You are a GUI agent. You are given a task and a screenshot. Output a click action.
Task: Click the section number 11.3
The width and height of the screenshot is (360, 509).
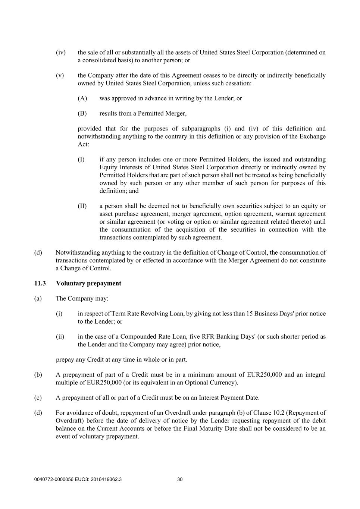[40, 283]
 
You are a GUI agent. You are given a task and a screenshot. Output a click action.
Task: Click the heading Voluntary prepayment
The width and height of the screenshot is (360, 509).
[88, 283]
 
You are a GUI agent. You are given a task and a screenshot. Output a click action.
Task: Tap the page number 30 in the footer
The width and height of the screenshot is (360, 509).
[180, 480]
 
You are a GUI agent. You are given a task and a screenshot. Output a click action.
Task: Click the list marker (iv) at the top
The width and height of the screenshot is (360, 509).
[61, 53]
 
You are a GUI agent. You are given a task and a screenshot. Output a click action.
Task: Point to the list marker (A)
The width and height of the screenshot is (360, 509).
[82, 98]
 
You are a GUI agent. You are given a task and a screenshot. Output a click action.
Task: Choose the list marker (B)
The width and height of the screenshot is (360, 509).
[82, 113]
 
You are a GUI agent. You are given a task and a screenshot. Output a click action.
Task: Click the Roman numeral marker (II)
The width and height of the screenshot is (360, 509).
[82, 206]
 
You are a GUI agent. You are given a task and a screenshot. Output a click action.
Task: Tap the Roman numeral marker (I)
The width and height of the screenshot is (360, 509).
[81, 160]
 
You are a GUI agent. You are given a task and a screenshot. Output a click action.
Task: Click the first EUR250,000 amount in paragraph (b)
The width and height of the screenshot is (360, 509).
[264, 375]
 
